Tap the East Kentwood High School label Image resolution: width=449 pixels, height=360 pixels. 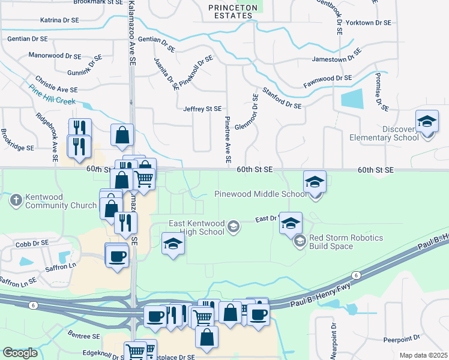click(197, 227)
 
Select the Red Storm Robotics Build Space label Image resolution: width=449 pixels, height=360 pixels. click(346, 242)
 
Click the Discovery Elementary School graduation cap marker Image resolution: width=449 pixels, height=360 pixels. click(427, 122)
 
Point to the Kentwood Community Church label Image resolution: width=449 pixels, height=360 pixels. click(62, 201)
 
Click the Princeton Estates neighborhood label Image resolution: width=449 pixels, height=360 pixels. click(232, 11)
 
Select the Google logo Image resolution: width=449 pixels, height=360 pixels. click(20, 353)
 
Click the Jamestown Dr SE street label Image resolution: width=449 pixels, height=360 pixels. click(336, 59)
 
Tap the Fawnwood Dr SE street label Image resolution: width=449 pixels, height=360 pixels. click(327, 79)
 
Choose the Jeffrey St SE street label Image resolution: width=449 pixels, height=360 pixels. click(202, 109)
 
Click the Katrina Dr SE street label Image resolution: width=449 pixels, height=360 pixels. click(59, 20)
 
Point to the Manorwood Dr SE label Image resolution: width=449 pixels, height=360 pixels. click(55, 56)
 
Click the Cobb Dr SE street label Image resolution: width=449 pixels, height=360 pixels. click(32, 244)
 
